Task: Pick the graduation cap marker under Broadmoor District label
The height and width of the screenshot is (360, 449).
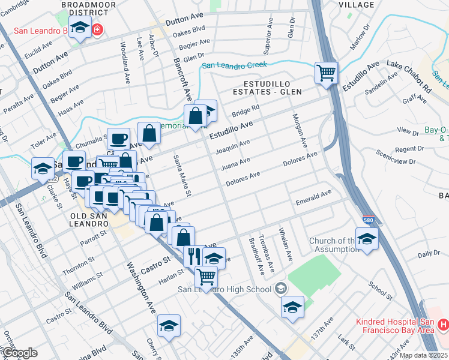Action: click(x=79, y=28)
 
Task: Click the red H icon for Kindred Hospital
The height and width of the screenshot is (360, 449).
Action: click(x=443, y=325)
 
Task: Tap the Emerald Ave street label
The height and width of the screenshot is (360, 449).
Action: click(x=313, y=197)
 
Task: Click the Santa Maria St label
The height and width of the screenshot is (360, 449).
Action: click(x=182, y=175)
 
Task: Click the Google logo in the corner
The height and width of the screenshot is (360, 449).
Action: click(x=20, y=353)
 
